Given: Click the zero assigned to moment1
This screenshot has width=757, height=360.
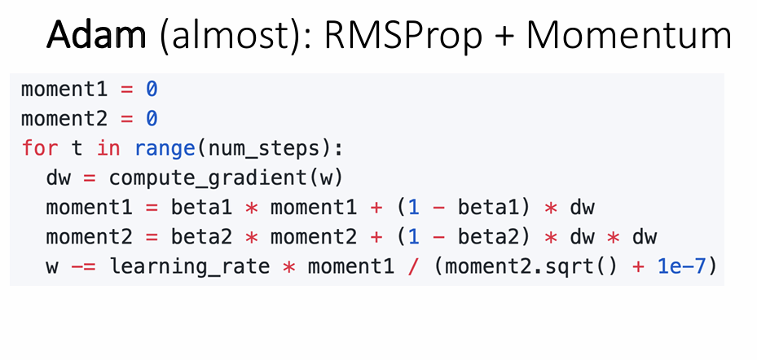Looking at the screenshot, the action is point(152,89).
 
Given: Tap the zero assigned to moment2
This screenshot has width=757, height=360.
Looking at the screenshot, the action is point(152,118).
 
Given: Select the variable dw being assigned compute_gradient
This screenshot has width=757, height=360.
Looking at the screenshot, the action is point(59,178).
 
